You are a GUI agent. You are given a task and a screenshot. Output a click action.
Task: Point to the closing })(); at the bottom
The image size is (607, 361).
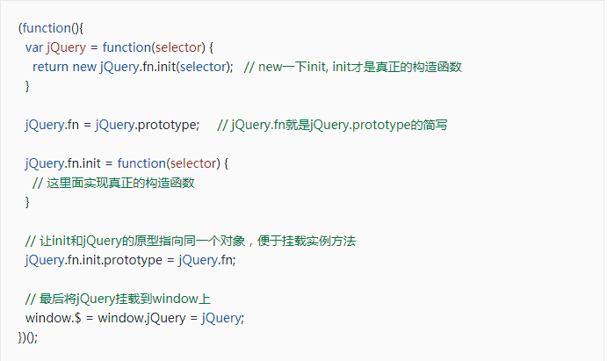click(28, 336)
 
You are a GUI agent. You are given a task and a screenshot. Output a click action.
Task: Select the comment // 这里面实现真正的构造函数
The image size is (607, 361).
click(113, 183)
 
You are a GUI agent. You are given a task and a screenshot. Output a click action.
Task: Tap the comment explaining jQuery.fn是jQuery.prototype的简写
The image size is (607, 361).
click(332, 125)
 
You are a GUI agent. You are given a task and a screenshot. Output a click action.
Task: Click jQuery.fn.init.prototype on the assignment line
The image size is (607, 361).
click(94, 260)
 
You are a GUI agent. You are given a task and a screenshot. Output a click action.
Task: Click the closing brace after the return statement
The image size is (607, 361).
click(27, 86)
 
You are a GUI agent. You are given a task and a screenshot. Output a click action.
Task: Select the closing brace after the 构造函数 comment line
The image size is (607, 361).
click(27, 202)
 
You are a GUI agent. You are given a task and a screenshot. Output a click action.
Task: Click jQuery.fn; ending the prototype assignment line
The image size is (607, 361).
click(207, 260)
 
